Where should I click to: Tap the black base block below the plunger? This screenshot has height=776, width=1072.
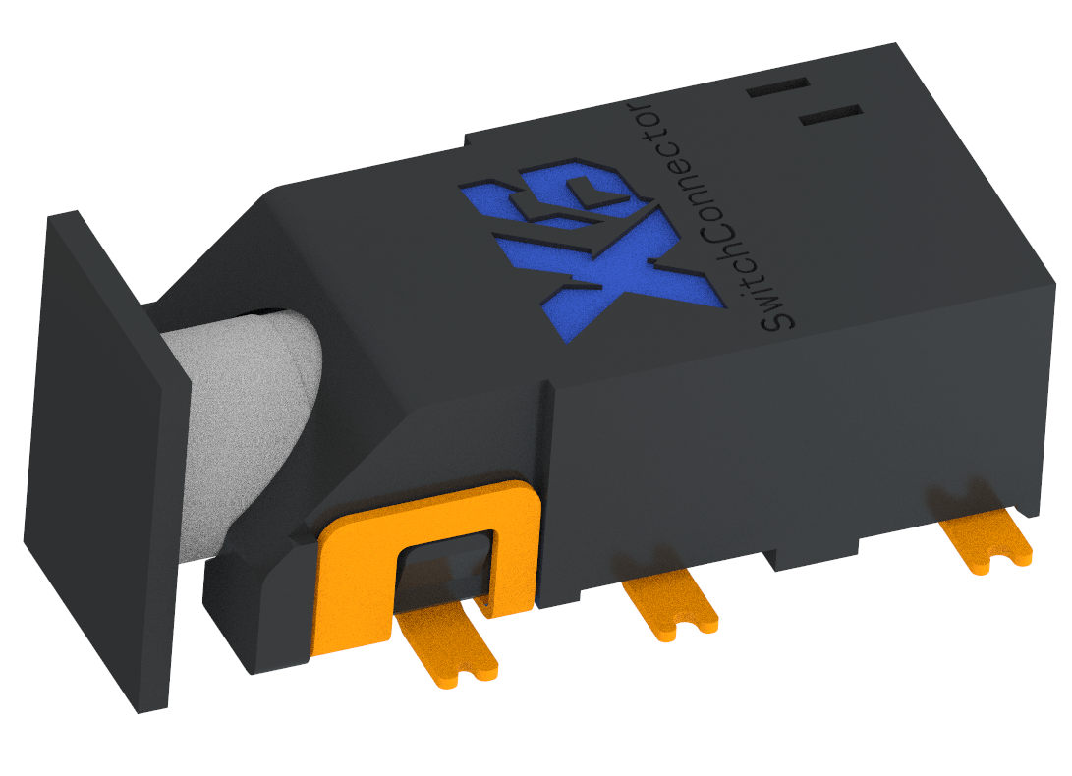(255, 609)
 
